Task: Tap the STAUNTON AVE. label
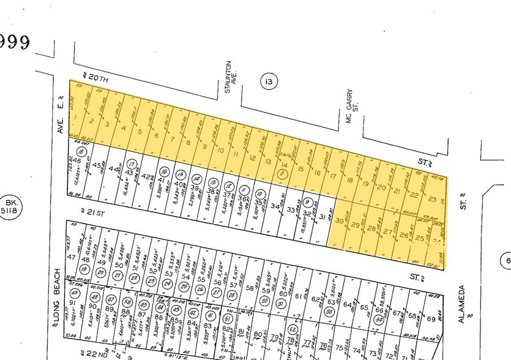click(231, 77)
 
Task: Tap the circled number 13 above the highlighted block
click(268, 81)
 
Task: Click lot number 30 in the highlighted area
click(340, 223)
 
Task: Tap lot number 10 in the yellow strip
click(220, 150)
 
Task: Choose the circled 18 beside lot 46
click(80, 151)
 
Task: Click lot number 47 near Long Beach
click(71, 258)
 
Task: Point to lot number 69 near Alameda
click(431, 319)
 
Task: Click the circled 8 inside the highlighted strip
click(282, 174)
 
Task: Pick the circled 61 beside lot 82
click(227, 318)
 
